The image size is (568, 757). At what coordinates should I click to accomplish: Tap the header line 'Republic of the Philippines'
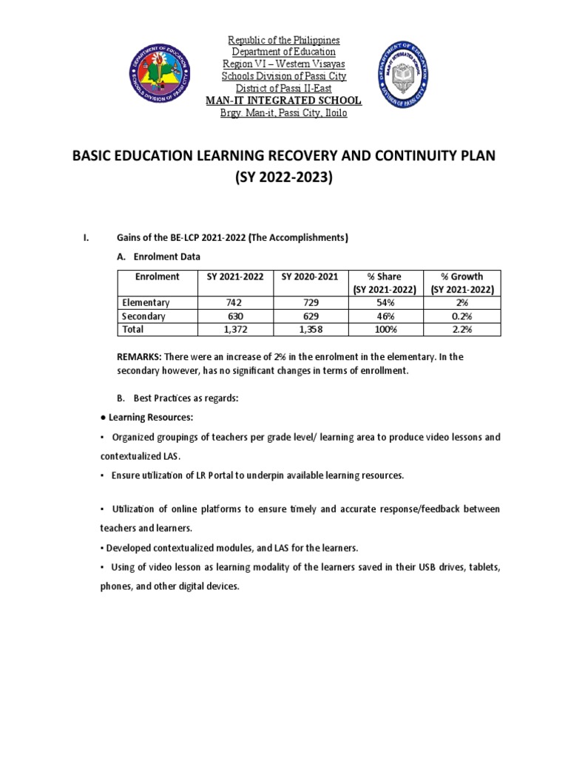[x=284, y=40]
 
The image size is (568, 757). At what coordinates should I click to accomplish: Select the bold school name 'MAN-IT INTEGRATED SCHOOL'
[x=284, y=101]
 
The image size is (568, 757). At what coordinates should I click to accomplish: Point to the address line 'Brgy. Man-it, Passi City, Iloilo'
[x=284, y=113]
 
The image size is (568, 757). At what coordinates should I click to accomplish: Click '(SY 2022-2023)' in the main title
[x=284, y=179]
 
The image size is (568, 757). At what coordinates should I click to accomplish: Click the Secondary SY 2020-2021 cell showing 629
[x=310, y=316]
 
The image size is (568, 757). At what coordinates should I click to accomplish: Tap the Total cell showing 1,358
[x=310, y=329]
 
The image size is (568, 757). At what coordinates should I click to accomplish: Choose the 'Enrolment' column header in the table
[x=157, y=276]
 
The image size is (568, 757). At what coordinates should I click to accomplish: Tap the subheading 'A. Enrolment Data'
[x=159, y=257]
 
